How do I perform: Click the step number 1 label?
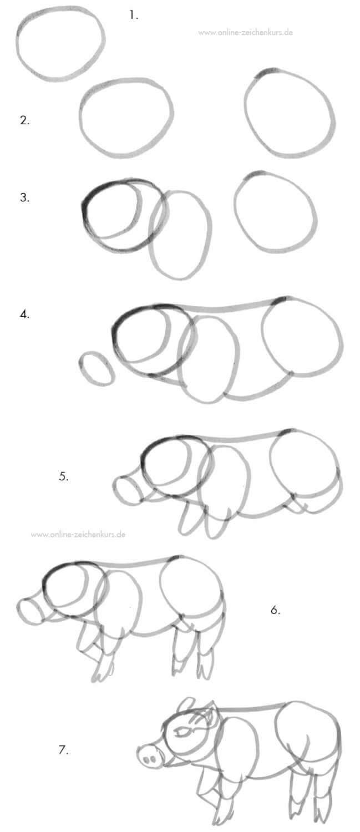[x=133, y=15]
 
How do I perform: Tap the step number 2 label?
[x=24, y=120]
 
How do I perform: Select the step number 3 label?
[x=24, y=197]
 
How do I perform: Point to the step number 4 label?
[x=24, y=314]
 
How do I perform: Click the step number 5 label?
[x=64, y=476]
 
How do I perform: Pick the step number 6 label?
[x=275, y=610]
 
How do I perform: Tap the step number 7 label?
[x=64, y=749]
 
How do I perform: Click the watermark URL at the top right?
[x=245, y=32]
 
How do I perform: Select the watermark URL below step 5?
[x=78, y=534]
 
